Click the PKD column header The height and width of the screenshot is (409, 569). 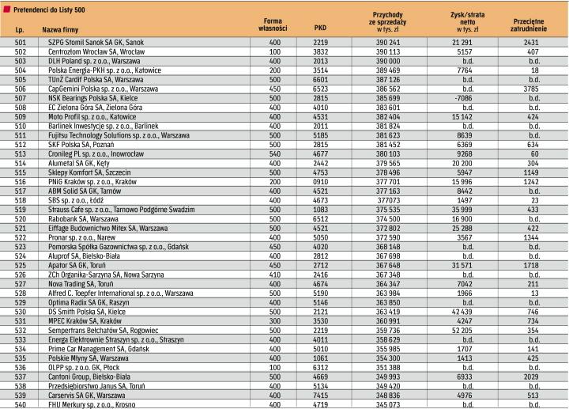point(320,25)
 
